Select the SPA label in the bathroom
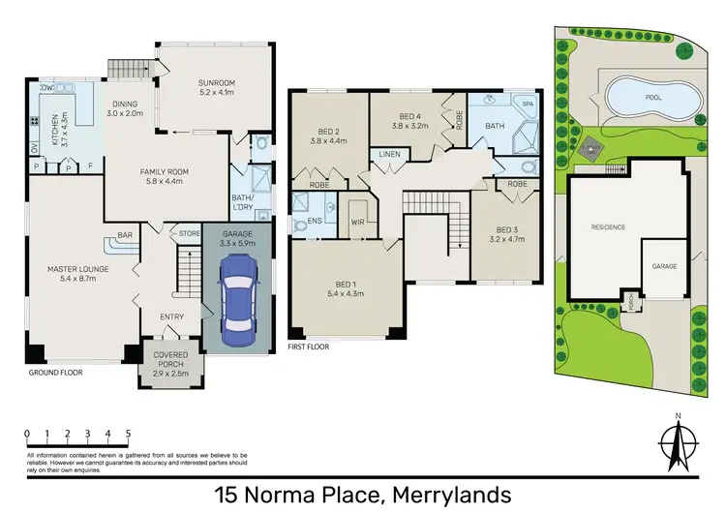pos(528,102)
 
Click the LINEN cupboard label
pos(389,154)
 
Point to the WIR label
pos(356,222)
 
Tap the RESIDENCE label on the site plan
pos(609,226)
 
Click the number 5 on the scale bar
pos(128,433)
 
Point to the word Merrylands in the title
pos(451,495)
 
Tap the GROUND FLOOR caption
pos(53,372)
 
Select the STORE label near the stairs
pos(190,233)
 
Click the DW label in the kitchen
pos(45,87)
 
